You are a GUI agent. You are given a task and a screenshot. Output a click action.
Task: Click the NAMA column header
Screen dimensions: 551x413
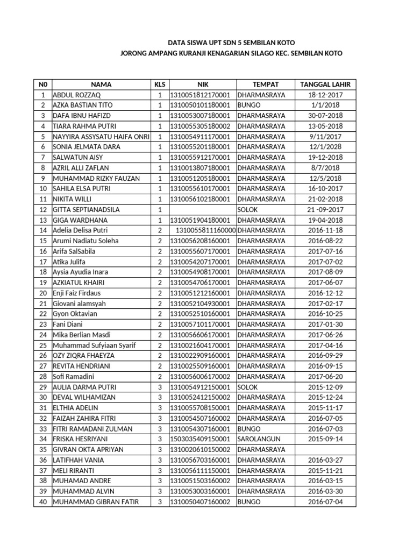click(101, 84)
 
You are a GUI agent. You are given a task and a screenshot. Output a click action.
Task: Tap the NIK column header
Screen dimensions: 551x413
click(202, 84)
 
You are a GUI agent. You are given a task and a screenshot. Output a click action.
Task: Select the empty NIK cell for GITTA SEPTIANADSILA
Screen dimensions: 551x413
click(202, 209)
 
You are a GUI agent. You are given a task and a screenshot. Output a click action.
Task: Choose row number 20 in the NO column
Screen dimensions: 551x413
click(42, 293)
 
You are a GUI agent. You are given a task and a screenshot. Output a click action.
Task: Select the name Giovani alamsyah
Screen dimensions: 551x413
click(79, 304)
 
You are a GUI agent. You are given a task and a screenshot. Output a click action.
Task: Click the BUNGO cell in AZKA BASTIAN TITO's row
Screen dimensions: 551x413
click(249, 105)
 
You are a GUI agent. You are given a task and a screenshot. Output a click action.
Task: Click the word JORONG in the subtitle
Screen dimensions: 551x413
click(134, 53)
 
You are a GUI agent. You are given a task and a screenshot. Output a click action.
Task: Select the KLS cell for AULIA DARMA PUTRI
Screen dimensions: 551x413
click(160, 387)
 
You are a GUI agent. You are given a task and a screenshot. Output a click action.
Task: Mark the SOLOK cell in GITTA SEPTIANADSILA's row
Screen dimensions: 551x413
click(248, 209)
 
